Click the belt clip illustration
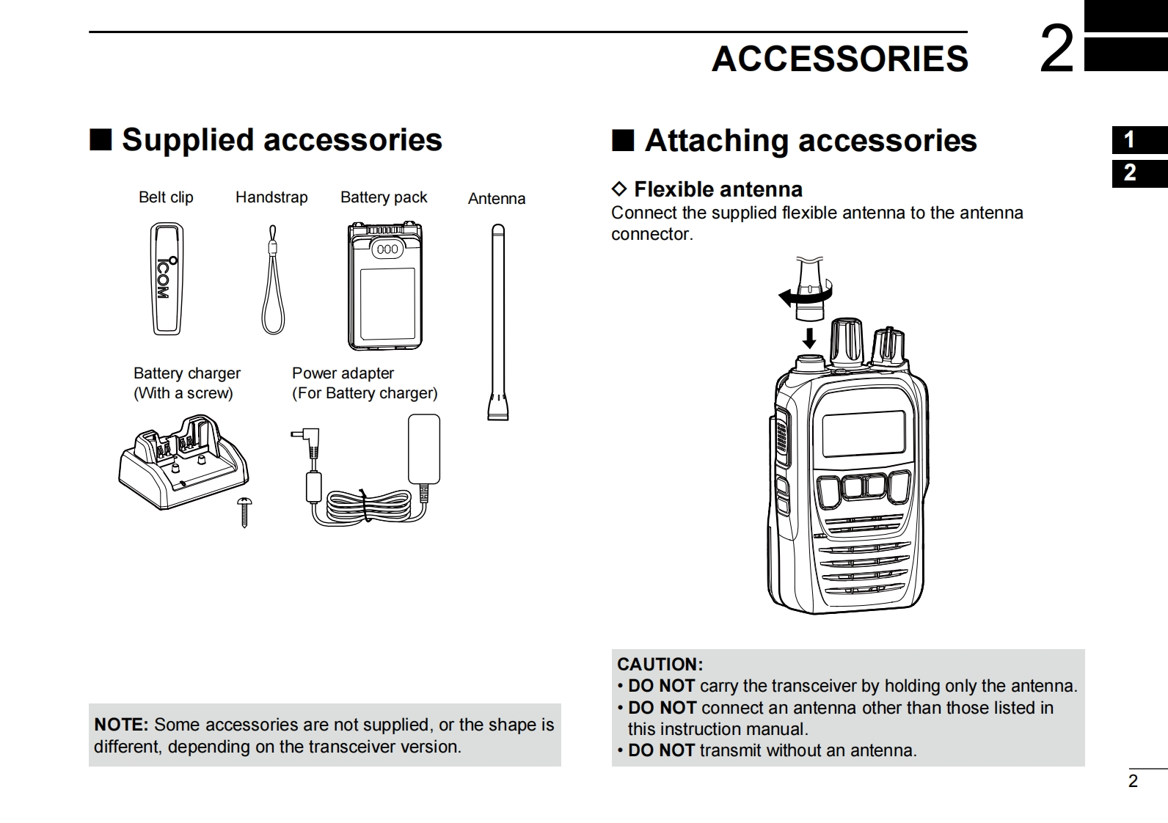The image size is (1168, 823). (x=167, y=278)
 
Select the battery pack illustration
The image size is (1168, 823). (x=385, y=286)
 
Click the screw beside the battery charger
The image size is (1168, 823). (x=244, y=512)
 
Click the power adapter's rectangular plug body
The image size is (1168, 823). (x=424, y=449)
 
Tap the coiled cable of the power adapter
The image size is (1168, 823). (x=368, y=505)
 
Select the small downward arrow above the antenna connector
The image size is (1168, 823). (x=809, y=337)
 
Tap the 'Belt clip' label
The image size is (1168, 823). (x=166, y=197)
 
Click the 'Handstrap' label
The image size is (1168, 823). (x=271, y=197)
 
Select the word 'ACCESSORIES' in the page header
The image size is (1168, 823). (x=840, y=59)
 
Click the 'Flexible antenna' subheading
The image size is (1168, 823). (x=718, y=189)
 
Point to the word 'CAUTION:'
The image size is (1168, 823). (x=660, y=664)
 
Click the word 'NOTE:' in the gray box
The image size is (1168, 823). (x=122, y=725)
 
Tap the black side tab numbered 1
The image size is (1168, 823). (x=1140, y=139)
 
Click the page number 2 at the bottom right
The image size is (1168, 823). (x=1133, y=780)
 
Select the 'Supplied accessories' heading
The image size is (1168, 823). (x=282, y=139)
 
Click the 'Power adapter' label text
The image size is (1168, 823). (x=343, y=373)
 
